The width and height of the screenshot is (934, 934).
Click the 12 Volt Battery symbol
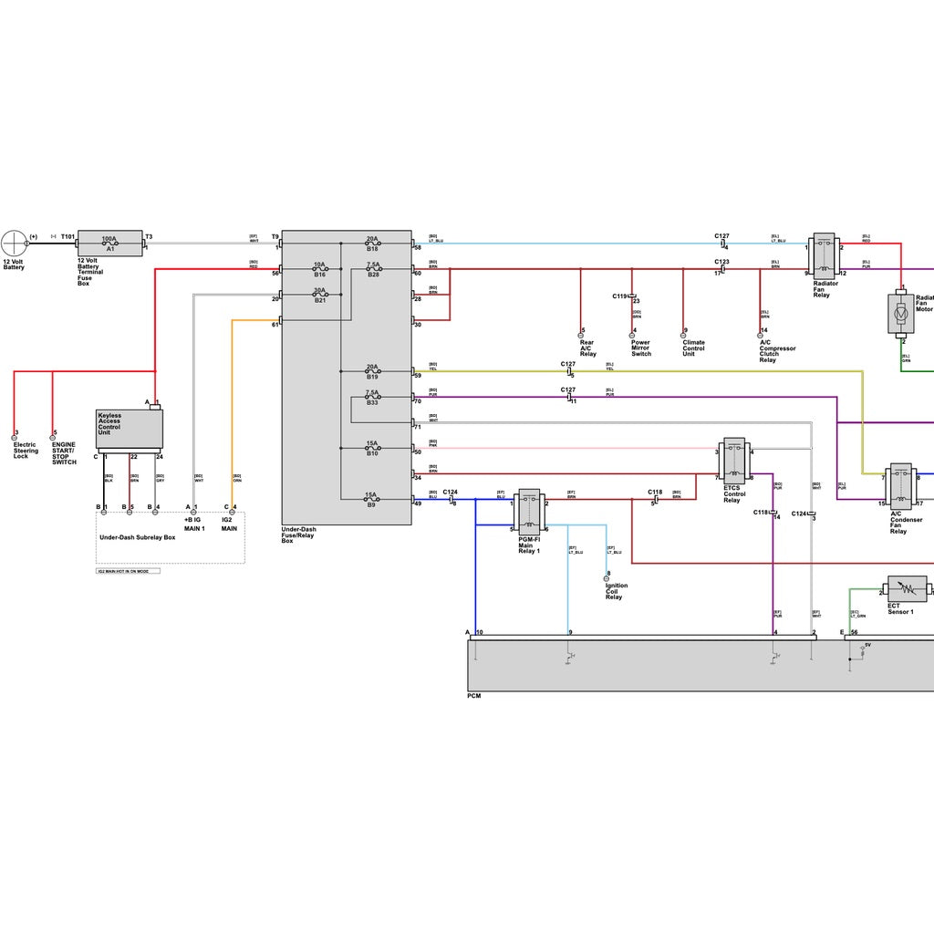[x=16, y=244]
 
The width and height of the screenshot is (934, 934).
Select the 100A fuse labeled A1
[x=109, y=243]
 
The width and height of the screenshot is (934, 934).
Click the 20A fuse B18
[x=372, y=244]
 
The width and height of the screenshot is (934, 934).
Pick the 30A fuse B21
[x=320, y=296]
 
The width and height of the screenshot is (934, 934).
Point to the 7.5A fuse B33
[x=372, y=397]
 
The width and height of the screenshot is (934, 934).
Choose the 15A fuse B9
[x=372, y=499]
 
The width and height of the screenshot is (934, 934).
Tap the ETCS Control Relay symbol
[x=734, y=461]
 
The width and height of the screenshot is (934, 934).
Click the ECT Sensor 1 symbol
[x=907, y=589]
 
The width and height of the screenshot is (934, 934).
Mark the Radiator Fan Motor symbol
[x=900, y=314]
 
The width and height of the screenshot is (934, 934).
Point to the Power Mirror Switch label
[x=641, y=348]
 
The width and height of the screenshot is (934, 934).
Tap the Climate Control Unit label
[x=693, y=348]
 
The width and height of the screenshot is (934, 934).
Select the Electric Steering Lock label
[x=26, y=451]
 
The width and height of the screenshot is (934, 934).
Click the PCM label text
[x=473, y=696]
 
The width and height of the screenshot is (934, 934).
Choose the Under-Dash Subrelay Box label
[x=137, y=537]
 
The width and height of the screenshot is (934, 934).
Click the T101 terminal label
[x=67, y=236]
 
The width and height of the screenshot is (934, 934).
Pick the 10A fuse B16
[x=320, y=270]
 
